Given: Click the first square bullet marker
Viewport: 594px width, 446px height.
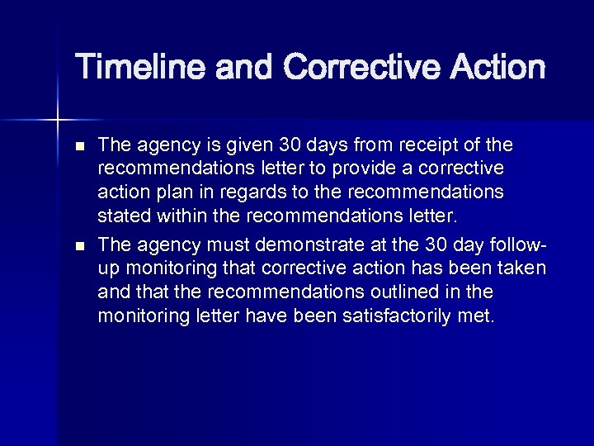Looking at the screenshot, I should click(x=79, y=146).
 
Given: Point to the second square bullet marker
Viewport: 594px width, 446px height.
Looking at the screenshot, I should click(x=79, y=245).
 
